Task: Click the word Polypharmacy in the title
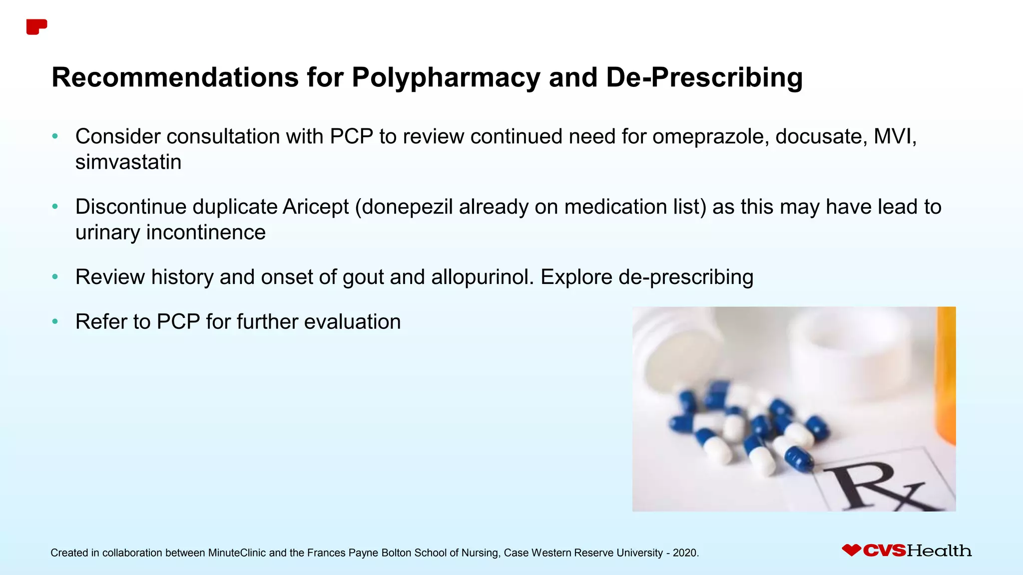(446, 78)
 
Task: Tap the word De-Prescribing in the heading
(704, 78)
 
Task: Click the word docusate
(821, 136)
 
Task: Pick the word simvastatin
(128, 162)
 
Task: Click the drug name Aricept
(316, 207)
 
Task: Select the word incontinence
(206, 232)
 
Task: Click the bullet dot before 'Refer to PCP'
(55, 322)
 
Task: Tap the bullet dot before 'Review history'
(55, 277)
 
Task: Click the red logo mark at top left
(36, 27)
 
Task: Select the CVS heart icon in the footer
(851, 550)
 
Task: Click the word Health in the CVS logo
(939, 551)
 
